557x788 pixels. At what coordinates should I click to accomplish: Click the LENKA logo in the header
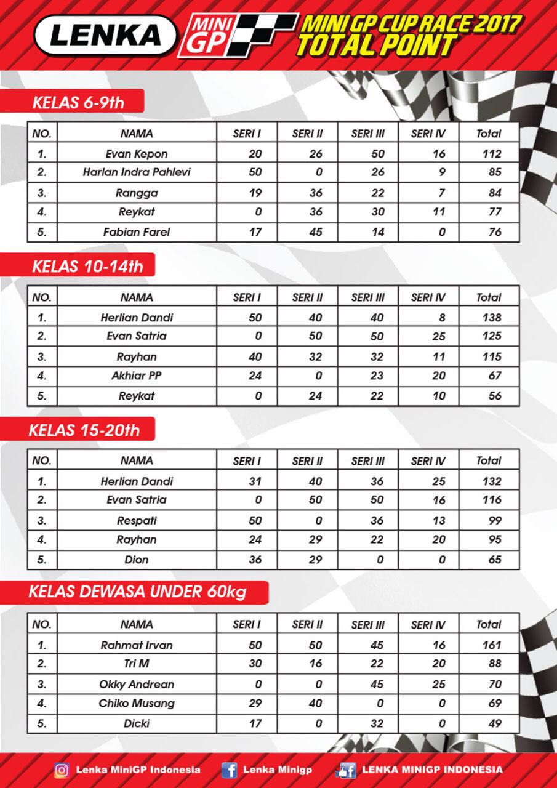pyautogui.click(x=105, y=36)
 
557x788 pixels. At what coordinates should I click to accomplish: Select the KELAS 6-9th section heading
pyautogui.click(x=78, y=102)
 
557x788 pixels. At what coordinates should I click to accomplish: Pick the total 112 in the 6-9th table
pyautogui.click(x=489, y=154)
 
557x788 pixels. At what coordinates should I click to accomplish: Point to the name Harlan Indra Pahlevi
pyautogui.click(x=137, y=172)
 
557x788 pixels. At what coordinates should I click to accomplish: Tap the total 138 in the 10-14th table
pyautogui.click(x=489, y=318)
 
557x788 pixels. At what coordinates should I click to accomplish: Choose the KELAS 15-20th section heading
pyautogui.click(x=84, y=430)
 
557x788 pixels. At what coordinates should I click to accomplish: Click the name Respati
pyautogui.click(x=137, y=521)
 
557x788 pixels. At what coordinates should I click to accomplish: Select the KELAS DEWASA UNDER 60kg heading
pyautogui.click(x=138, y=592)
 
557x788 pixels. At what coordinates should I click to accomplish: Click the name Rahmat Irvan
pyautogui.click(x=137, y=645)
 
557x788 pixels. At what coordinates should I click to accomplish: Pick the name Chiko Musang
pyautogui.click(x=137, y=703)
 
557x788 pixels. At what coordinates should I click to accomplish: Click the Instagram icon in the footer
pyautogui.click(x=62, y=770)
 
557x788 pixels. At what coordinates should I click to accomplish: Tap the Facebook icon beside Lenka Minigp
pyautogui.click(x=229, y=770)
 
